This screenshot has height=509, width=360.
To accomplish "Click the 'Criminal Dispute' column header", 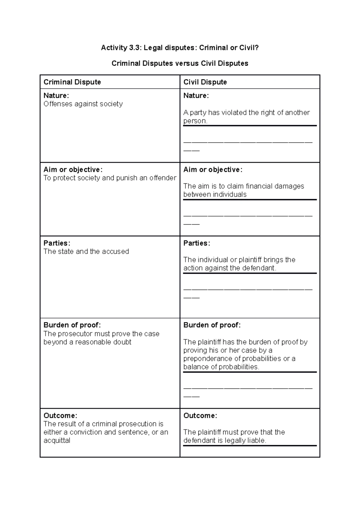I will click(72, 82).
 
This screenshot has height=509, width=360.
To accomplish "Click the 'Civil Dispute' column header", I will click(205, 82).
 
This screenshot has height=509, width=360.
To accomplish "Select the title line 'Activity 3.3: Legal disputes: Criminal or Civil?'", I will click(180, 48).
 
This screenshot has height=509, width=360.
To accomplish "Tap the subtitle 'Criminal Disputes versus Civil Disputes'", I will click(180, 64).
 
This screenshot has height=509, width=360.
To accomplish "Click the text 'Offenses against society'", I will click(83, 104).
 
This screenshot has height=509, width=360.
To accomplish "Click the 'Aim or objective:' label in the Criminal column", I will click(73, 170).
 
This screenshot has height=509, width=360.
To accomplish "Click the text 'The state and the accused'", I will click(86, 252).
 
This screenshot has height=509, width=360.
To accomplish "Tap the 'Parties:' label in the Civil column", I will click(196, 243).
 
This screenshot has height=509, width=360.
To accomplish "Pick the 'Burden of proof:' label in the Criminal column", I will click(72, 325).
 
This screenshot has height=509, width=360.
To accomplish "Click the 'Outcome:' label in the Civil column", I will click(200, 416).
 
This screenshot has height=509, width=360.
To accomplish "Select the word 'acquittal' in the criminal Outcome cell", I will click(57, 441).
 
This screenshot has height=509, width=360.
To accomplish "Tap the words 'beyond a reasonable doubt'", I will click(87, 342).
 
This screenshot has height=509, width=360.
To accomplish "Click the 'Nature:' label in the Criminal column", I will click(56, 96).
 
